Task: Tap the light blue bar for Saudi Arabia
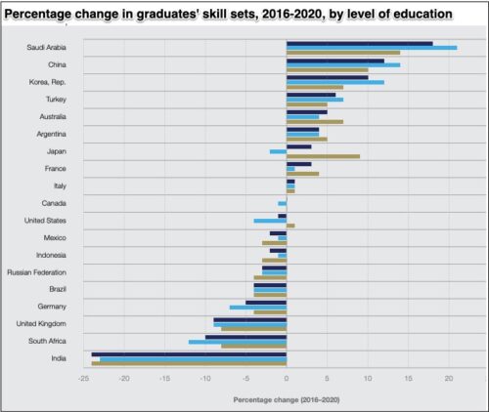point(371,47)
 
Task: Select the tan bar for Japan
point(323,156)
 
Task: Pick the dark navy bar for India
point(189,353)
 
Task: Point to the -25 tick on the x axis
point(83,377)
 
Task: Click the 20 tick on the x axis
point(449,377)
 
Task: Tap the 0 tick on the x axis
point(287,377)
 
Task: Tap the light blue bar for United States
point(270,221)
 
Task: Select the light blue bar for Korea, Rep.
point(334,82)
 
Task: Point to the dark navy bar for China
point(334,61)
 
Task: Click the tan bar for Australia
point(314,122)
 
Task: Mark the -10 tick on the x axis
point(205,377)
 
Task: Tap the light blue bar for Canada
point(282,203)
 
